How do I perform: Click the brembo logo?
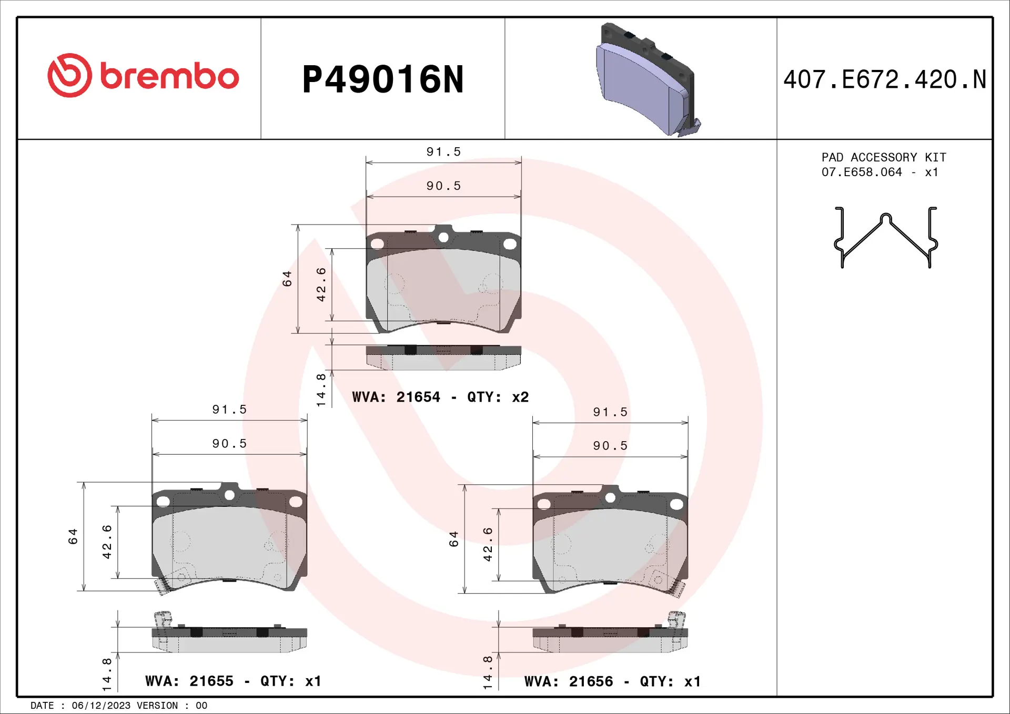[x=143, y=76]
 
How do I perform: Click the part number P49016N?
[x=382, y=80]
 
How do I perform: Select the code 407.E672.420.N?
[x=884, y=80]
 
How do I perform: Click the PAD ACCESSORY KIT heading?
[x=884, y=157]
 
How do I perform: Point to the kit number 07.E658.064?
[x=861, y=172]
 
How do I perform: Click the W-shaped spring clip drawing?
[x=886, y=238]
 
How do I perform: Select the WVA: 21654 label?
[x=396, y=397]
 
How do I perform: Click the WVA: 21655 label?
[x=189, y=681]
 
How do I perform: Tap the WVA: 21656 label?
[x=568, y=681]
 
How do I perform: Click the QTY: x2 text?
[x=498, y=397]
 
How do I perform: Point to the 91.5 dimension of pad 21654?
[x=443, y=152]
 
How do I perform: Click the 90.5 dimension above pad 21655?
[x=229, y=443]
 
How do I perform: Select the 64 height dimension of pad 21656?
[x=454, y=539]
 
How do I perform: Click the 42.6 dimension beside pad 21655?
[x=107, y=542]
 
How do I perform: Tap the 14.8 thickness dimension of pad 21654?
[x=321, y=390]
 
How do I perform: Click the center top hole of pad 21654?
[x=443, y=238]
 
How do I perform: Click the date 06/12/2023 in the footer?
[x=101, y=706]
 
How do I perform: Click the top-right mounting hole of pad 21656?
[x=676, y=504]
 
